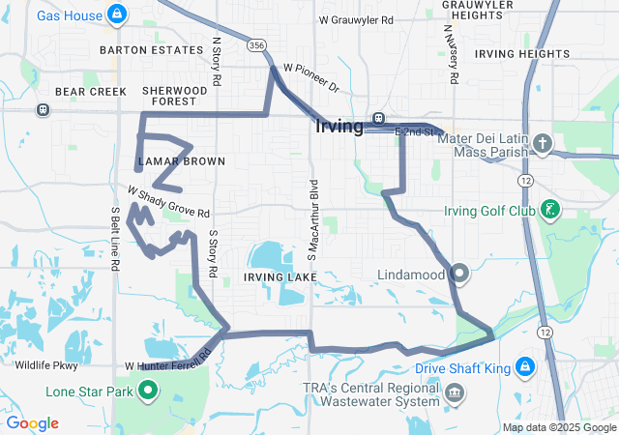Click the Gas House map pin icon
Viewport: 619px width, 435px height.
[x=117, y=14]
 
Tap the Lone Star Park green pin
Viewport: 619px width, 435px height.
[x=148, y=391]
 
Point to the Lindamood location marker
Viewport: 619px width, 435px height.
[x=459, y=275]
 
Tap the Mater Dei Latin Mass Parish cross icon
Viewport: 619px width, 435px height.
[x=543, y=145]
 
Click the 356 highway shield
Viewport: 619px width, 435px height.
[x=255, y=45]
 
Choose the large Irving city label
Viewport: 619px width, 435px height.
[x=339, y=127]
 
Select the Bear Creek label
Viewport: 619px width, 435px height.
[x=84, y=92]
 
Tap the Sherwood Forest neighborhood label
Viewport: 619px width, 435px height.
[x=175, y=95]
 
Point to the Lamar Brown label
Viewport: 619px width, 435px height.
[x=181, y=161]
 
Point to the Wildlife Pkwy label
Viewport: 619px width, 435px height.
[x=46, y=365]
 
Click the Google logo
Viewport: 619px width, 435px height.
[x=32, y=423]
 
